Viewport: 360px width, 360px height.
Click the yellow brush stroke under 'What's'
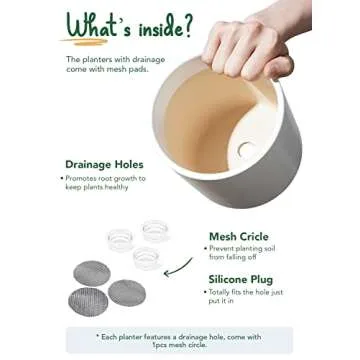pos(84,42)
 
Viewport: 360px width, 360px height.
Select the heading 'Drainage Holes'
pos(104,164)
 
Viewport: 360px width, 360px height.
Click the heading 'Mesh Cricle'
pos(239,237)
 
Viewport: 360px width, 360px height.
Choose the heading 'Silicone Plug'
pos(240,279)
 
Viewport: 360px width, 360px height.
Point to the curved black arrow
pos(178,268)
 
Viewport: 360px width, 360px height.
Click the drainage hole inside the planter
pos(246,150)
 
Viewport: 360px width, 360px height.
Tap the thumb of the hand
pos(278,67)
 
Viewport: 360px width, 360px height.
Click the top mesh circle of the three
pos(92,273)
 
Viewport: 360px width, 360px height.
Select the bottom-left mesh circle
pos(88,302)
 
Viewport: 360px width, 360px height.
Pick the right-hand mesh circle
pos(127,293)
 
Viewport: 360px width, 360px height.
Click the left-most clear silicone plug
pos(120,240)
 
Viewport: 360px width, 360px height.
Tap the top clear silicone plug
pos(155,231)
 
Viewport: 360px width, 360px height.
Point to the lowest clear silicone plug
pos(147,258)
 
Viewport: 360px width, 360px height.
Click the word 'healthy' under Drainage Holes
pos(116,187)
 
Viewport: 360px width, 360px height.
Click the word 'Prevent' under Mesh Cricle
pos(221,249)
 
